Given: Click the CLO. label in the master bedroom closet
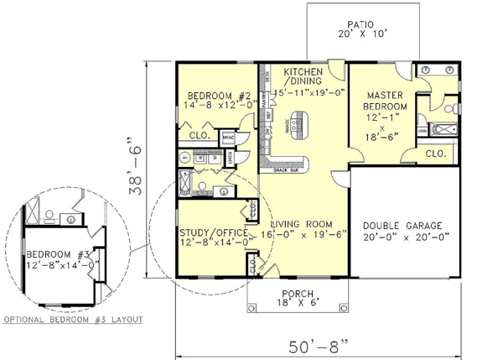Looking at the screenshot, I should [435, 154].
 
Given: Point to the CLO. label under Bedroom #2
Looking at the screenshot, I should [199, 135].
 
